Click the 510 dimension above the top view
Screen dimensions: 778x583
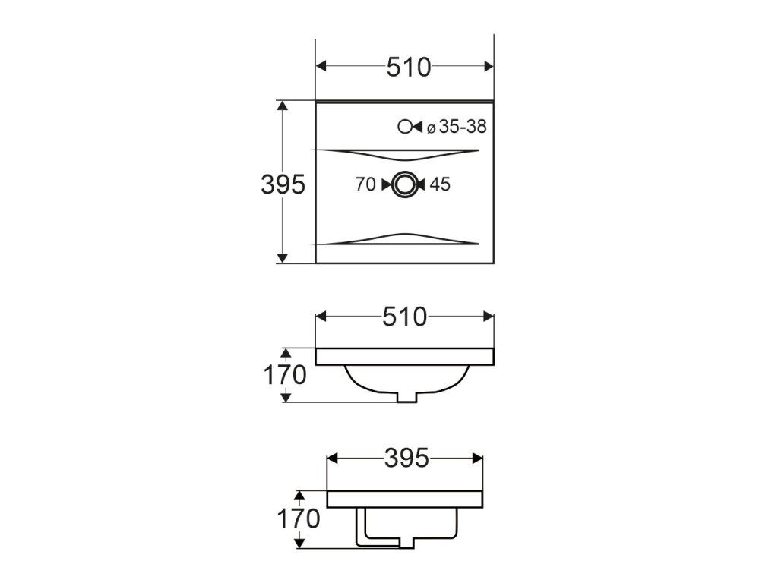pos(409,68)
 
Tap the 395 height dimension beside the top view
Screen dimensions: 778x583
pos(283,185)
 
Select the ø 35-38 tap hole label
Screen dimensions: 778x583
pos(457,127)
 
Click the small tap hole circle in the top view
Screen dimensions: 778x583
pos(404,127)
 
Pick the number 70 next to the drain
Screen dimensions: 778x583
pos(365,184)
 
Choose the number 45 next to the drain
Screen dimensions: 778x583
pos(440,184)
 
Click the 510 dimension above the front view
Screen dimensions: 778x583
pos(404,317)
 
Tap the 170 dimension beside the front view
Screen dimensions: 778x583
pos(285,375)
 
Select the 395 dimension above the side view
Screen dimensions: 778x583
pos(406,458)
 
